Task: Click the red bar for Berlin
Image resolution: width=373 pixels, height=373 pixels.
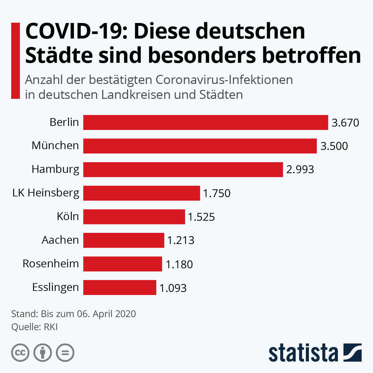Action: coord(205,122)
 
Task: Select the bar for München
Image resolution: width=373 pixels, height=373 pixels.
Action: coord(200,146)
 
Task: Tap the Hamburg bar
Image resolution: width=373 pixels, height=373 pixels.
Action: coord(183,170)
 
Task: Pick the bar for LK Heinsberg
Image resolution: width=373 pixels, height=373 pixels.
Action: coord(141,193)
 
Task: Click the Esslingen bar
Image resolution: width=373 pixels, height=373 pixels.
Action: coord(120,288)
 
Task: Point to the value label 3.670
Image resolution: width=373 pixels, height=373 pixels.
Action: coord(345,123)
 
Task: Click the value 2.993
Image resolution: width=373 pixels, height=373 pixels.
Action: coord(300,170)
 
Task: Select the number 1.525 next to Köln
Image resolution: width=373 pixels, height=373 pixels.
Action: coord(201,217)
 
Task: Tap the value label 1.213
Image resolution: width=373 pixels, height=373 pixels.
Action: coord(181,240)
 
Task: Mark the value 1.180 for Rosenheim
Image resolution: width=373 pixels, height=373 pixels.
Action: coord(179,265)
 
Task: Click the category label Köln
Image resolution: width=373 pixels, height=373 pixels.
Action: coord(68,216)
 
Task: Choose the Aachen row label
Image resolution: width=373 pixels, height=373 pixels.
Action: coord(60,240)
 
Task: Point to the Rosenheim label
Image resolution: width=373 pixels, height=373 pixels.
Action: coord(51,264)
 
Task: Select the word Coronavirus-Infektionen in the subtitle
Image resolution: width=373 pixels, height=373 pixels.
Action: coord(224,80)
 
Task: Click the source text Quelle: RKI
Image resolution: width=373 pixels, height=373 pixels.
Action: coord(35,327)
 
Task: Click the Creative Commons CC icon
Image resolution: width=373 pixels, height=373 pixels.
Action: coord(20,353)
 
